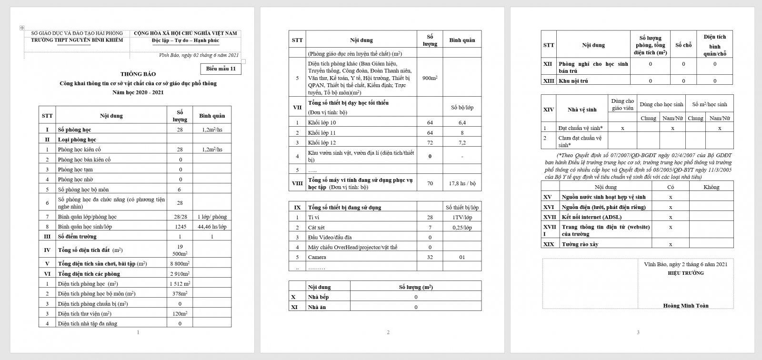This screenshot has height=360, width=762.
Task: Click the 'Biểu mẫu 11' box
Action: pyautogui.click(x=221, y=69)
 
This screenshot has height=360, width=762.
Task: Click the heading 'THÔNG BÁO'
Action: pyautogui.click(x=138, y=74)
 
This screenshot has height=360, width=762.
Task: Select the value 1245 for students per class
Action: pyautogui.click(x=180, y=227)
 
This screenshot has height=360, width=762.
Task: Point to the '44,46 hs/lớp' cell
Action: pyautogui.click(x=212, y=227)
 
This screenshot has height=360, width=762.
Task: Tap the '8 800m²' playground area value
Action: pyautogui.click(x=180, y=264)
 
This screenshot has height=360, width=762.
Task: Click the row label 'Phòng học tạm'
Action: pyautogui.click(x=75, y=170)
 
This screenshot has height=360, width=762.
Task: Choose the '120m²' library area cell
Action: pyautogui.click(x=180, y=314)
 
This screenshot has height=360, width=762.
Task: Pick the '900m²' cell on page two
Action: pyautogui.click(x=430, y=78)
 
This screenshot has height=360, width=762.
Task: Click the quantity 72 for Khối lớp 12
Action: pyautogui.click(x=430, y=143)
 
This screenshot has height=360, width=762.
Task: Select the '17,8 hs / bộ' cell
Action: pyautogui.click(x=462, y=183)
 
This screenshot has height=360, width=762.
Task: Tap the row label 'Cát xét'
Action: pyautogui.click(x=316, y=228)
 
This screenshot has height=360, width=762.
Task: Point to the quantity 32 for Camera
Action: pyautogui.click(x=430, y=258)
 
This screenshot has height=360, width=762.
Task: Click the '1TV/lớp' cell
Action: pyautogui.click(x=462, y=218)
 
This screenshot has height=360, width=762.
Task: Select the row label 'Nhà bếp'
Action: pyautogui.click(x=318, y=297)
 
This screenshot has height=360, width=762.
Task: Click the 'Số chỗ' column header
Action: pyautogui.click(x=683, y=45)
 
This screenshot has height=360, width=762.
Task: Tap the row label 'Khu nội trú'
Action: pyautogui.click(x=573, y=81)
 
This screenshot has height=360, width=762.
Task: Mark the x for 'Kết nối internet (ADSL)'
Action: pyautogui.click(x=671, y=217)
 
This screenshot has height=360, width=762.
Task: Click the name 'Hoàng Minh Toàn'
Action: pyautogui.click(x=685, y=306)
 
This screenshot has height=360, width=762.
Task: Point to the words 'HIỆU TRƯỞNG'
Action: pyautogui.click(x=685, y=273)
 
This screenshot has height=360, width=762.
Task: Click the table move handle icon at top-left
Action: pyautogui.click(x=21, y=28)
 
